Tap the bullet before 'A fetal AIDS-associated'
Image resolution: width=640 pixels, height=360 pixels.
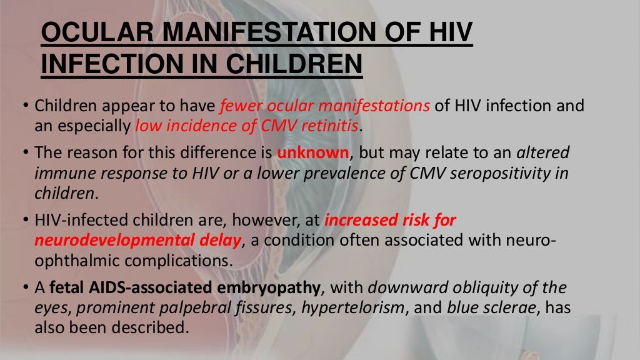(x=26, y=289)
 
